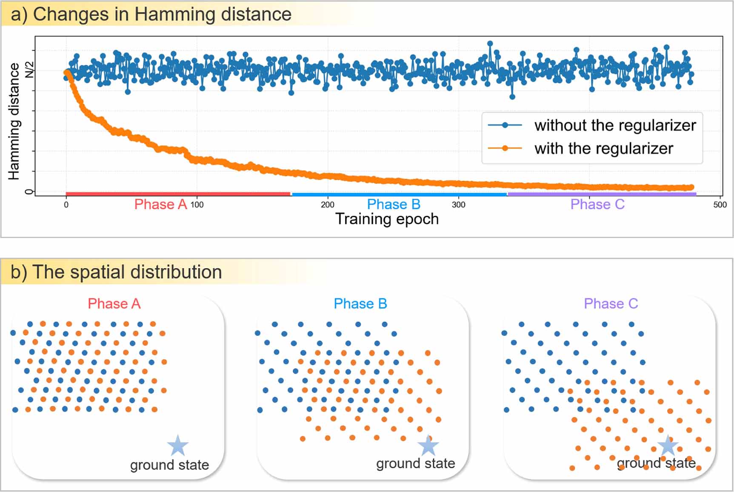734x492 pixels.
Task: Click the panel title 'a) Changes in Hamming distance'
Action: (x=151, y=14)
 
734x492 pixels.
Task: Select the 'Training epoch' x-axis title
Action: (x=387, y=219)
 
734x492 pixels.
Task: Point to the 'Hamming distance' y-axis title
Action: (x=14, y=121)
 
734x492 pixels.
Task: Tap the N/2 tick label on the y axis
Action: (x=29, y=69)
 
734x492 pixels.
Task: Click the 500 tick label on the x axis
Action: (x=720, y=205)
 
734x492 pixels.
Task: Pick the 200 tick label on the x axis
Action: (x=327, y=205)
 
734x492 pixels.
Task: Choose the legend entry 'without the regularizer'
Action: (x=614, y=125)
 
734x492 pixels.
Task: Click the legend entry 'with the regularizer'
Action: (x=603, y=149)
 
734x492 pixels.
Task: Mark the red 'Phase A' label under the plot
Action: (x=160, y=205)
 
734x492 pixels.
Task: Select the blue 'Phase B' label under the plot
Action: (x=393, y=205)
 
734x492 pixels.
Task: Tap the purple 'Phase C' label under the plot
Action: (x=597, y=205)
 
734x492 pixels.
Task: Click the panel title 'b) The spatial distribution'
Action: (x=116, y=272)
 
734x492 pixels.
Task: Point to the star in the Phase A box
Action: (x=178, y=445)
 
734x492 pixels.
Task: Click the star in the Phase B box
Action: (x=428, y=445)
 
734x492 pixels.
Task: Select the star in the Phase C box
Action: (x=668, y=446)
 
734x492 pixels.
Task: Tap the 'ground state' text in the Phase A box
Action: (x=169, y=465)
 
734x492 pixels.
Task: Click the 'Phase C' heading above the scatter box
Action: (x=611, y=303)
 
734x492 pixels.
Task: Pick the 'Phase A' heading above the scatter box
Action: (x=114, y=303)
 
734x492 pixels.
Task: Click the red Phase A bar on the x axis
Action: (x=178, y=194)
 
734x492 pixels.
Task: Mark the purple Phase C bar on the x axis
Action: (x=602, y=194)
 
